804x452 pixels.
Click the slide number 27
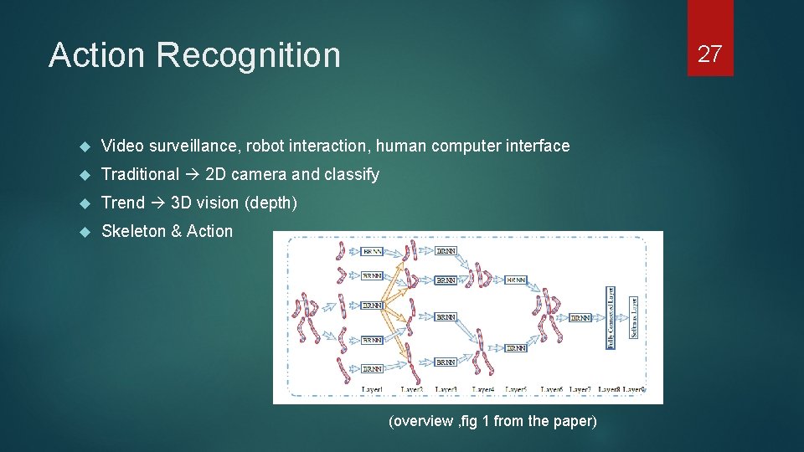coord(709,54)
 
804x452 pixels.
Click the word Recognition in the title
coord(248,55)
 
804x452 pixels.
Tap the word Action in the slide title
coord(97,55)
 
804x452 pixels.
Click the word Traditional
coord(140,175)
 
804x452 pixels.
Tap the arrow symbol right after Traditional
coord(192,175)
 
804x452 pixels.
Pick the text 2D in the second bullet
coord(215,175)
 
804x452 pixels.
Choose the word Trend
coord(122,203)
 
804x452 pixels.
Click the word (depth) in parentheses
coord(271,203)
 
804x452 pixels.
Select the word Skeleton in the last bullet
coord(133,232)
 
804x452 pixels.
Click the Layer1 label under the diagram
coord(372,389)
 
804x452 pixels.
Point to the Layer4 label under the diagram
coord(483,389)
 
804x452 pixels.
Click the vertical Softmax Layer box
coord(633,317)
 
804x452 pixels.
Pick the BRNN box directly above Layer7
coord(580,317)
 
